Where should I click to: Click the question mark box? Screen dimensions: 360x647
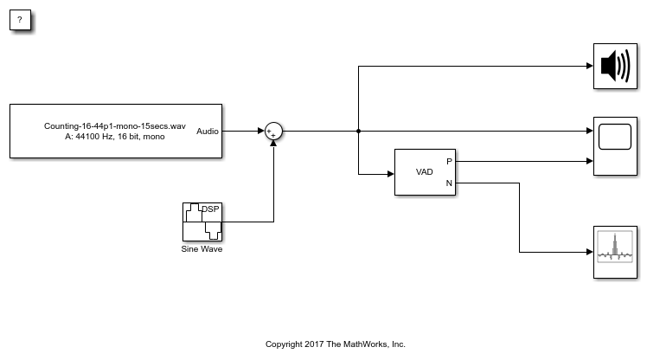(20, 19)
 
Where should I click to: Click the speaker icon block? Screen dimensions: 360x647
(615, 67)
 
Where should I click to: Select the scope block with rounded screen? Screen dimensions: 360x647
(615, 146)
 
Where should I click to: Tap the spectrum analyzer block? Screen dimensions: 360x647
(615, 253)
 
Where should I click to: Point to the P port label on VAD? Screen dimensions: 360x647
(448, 161)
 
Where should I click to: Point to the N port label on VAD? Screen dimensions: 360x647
(448, 183)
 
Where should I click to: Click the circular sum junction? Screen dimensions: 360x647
(273, 132)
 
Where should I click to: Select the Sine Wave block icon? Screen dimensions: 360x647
(202, 222)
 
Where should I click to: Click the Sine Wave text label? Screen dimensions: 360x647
(202, 249)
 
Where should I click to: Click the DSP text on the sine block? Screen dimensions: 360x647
(210, 209)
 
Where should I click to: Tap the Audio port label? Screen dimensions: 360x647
(208, 132)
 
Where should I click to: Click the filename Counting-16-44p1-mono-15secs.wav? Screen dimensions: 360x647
(115, 126)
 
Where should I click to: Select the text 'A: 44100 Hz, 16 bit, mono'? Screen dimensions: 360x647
(115, 138)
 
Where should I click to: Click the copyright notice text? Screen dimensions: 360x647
(335, 344)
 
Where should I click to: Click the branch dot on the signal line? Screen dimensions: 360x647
(358, 132)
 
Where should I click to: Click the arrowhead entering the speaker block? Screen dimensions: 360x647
(589, 67)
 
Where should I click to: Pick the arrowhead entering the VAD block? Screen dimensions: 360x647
(391, 174)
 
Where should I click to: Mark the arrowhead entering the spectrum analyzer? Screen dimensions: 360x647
(589, 253)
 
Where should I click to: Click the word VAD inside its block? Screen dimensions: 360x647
(425, 172)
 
